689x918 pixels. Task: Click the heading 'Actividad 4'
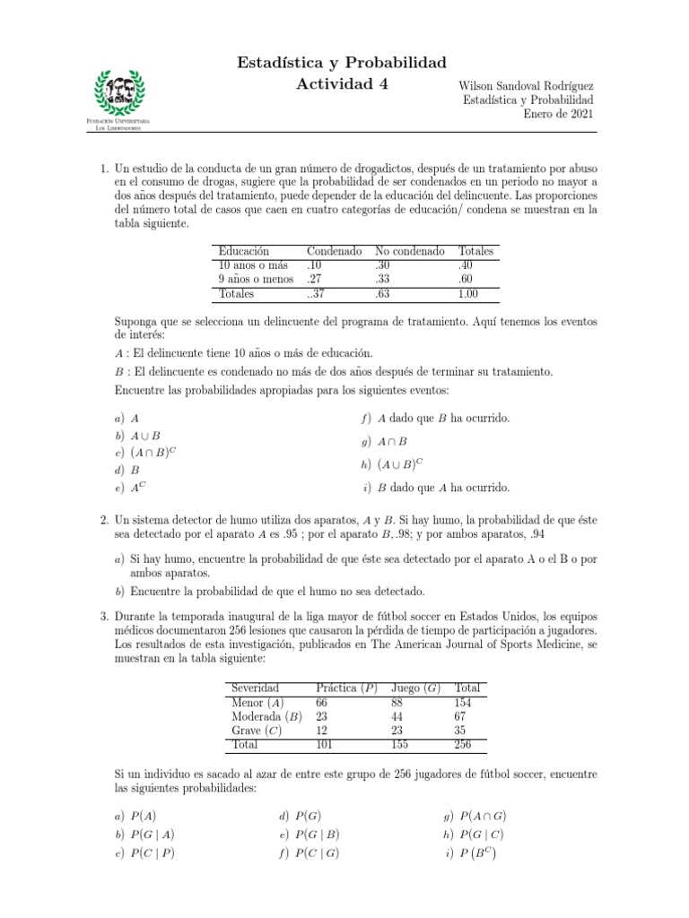click(x=340, y=85)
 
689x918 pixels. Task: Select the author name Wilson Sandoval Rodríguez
click(x=526, y=83)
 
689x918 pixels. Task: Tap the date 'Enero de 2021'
click(x=558, y=114)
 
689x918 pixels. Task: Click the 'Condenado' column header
click(x=334, y=252)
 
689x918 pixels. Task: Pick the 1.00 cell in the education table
click(x=468, y=293)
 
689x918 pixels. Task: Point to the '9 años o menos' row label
click(x=255, y=279)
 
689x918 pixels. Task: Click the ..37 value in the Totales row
click(x=317, y=293)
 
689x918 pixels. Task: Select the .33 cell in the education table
click(x=383, y=279)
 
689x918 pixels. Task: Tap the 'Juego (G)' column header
click(x=415, y=688)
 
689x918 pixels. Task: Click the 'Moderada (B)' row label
click(x=266, y=716)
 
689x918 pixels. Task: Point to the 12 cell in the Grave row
click(x=322, y=731)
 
